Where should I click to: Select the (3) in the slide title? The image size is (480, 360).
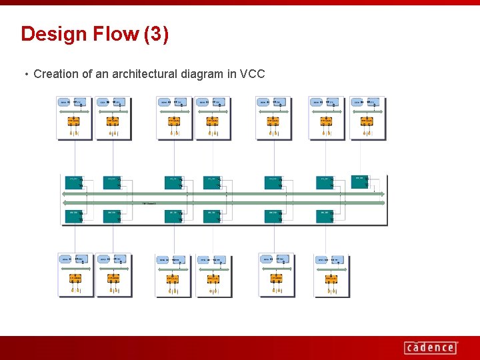pyautogui.click(x=156, y=34)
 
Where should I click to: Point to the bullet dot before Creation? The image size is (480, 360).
pyautogui.click(x=26, y=74)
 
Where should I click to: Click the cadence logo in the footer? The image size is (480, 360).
pyautogui.click(x=431, y=347)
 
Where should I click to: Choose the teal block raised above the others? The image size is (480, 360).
pyautogui.click(x=360, y=181)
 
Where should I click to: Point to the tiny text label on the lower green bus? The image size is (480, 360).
pyautogui.click(x=149, y=203)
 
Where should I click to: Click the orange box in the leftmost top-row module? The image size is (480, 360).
pyautogui.click(x=74, y=121)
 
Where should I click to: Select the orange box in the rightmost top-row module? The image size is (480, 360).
pyautogui.click(x=366, y=121)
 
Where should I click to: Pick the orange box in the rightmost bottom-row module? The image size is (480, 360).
pyautogui.click(x=331, y=278)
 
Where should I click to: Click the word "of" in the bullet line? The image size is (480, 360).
pyautogui.click(x=87, y=74)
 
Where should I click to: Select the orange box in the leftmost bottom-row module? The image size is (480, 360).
pyautogui.click(x=76, y=278)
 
